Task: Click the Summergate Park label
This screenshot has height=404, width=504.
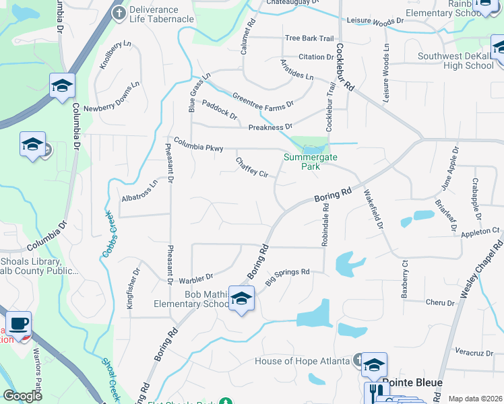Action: pos(310,161)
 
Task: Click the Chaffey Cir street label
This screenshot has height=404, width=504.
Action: pos(252,168)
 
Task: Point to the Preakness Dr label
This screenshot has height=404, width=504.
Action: pos(270,127)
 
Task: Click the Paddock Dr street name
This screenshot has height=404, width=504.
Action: pos(220,110)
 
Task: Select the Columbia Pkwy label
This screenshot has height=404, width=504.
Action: pos(198,144)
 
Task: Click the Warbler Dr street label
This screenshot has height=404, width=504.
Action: pos(195,277)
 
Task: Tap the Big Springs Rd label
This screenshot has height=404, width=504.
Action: pos(287,277)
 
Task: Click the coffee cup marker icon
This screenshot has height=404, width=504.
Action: pos(18,323)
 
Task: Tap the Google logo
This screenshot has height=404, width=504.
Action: pos(22,396)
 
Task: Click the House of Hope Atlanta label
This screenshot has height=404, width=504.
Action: pos(303,362)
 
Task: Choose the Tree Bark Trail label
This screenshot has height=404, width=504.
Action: pos(309,38)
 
